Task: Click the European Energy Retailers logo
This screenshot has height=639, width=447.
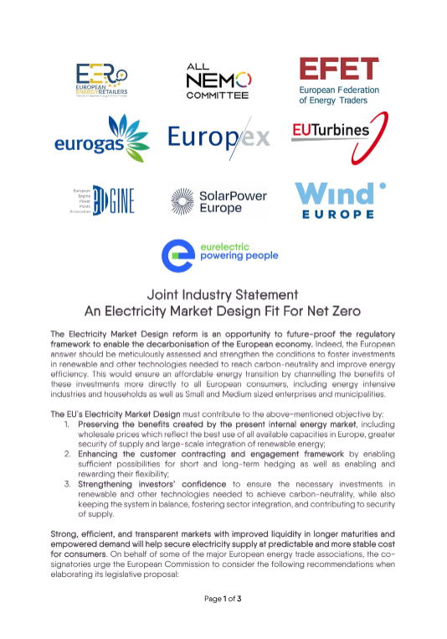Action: tap(100, 81)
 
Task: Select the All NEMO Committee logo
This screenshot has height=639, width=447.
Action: tap(217, 80)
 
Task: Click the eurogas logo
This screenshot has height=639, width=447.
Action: tap(100, 138)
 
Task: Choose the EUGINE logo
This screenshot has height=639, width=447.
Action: tap(102, 200)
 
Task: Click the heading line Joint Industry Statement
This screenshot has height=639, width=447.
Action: tap(223, 295)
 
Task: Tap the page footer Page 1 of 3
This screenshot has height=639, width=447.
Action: tap(223, 621)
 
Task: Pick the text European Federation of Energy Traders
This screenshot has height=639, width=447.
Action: tap(339, 94)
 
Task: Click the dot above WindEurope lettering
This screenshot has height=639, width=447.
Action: tap(383, 185)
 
